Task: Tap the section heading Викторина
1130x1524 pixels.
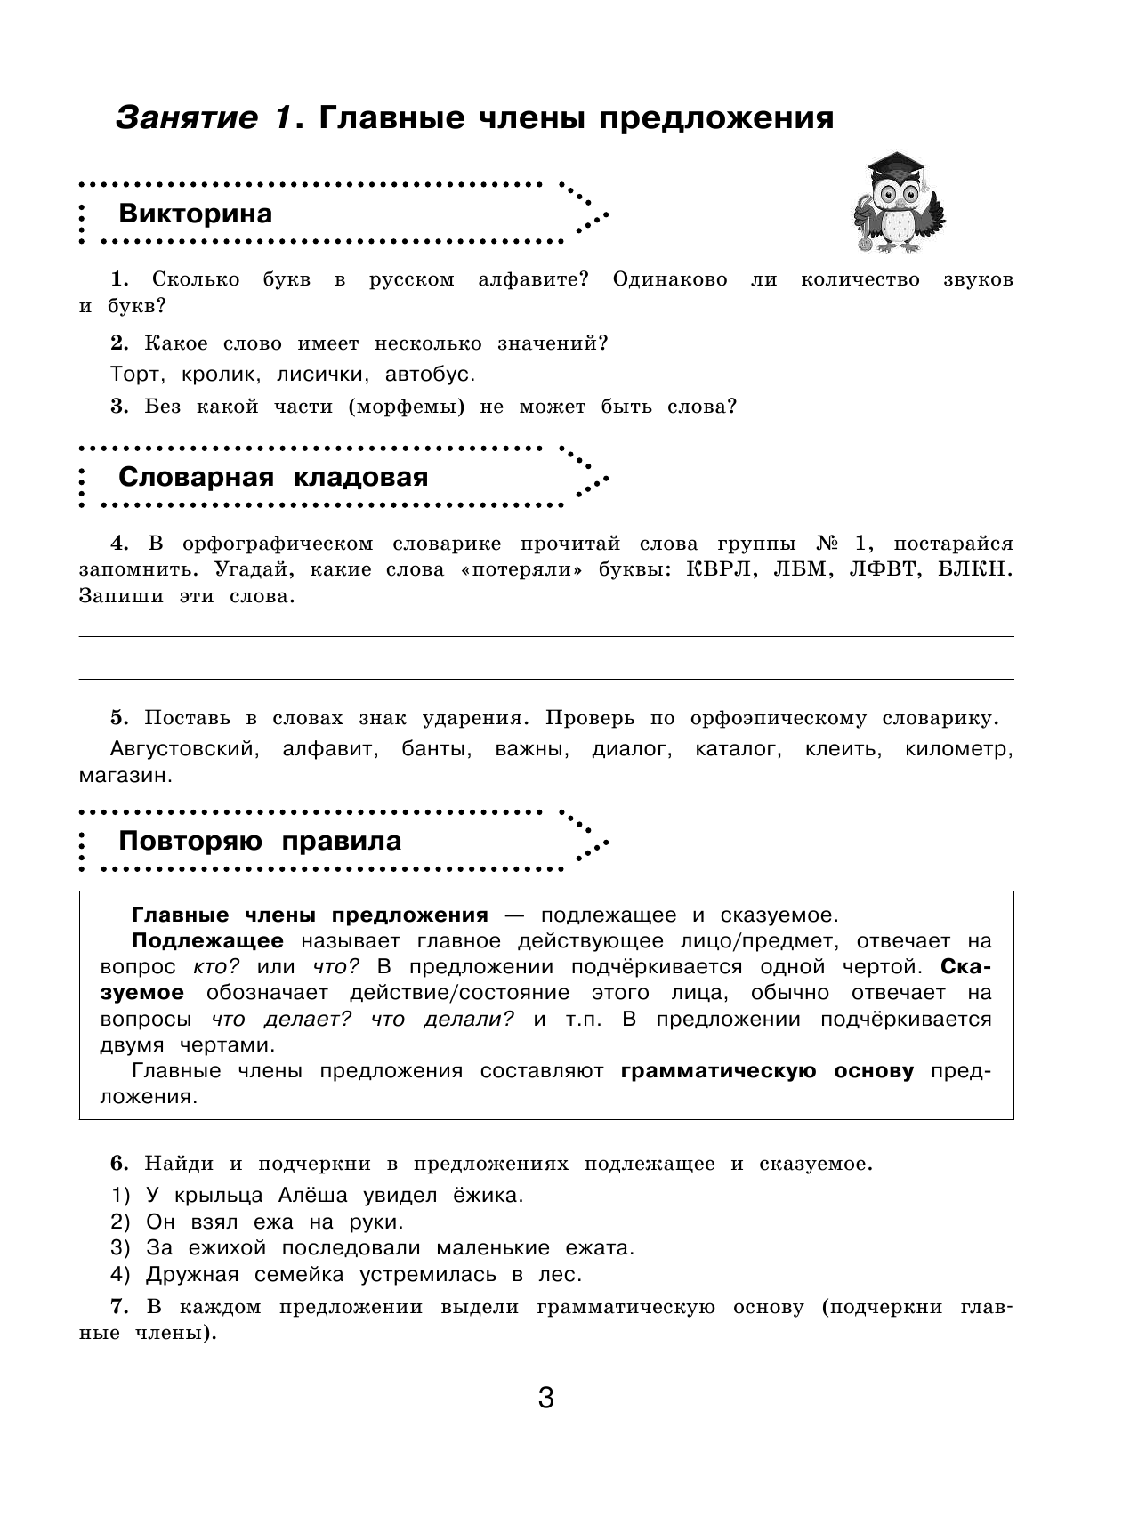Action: pyautogui.click(x=196, y=214)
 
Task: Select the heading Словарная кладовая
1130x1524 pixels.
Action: pyautogui.click(x=273, y=477)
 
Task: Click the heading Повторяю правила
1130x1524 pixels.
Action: pyautogui.click(x=260, y=841)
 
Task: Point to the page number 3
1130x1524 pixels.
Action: pyautogui.click(x=546, y=1398)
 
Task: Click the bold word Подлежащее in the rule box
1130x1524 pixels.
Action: pyautogui.click(x=207, y=941)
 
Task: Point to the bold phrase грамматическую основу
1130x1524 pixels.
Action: pyautogui.click(x=767, y=1071)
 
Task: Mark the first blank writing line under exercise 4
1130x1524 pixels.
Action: pyautogui.click(x=546, y=635)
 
